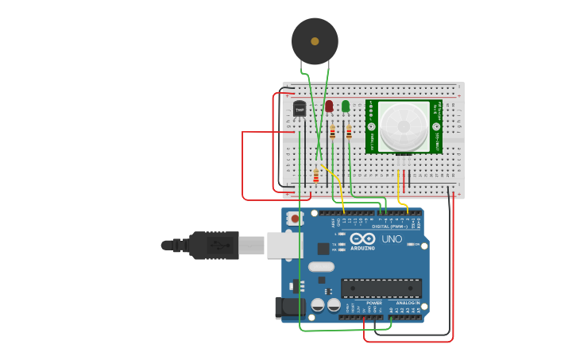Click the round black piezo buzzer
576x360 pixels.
315,41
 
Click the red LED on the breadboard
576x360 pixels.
329,106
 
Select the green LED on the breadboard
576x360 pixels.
346,106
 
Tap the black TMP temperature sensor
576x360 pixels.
300,108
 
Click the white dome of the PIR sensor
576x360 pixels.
404,126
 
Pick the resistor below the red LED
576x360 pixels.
332,132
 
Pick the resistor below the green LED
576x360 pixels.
348,132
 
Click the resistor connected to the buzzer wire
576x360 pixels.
315,176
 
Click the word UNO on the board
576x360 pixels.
392,239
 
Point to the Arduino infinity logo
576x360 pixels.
362,239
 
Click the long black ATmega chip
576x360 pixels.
381,288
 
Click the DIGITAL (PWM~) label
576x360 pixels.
389,226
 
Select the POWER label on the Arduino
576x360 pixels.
373,303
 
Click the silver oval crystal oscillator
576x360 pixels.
316,266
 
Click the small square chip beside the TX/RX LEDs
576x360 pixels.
323,249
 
